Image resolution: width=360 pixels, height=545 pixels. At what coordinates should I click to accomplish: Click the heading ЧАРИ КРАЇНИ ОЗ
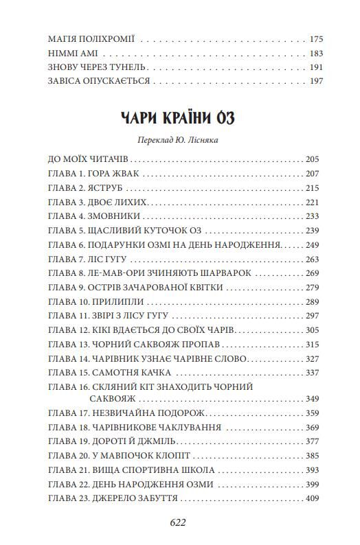(180, 117)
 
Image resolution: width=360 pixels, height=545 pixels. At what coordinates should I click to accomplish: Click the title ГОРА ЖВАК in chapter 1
(113, 174)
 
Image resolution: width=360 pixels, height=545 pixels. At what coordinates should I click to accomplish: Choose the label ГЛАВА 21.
(67, 470)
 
